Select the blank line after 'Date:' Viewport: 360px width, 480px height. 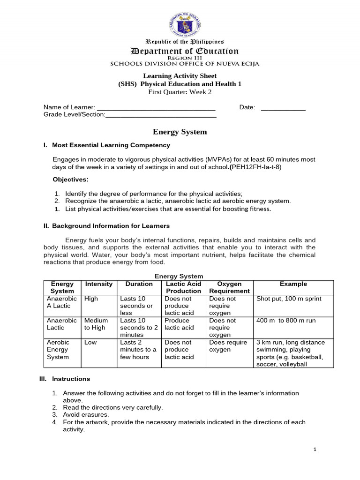tap(283, 108)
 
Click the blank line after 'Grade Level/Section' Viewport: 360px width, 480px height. tap(161, 115)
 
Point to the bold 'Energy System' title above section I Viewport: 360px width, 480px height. tap(180, 132)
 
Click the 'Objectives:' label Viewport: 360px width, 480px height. tap(70, 180)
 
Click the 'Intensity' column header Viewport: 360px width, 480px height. tap(98, 284)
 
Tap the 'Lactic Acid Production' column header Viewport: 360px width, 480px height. tap(183, 287)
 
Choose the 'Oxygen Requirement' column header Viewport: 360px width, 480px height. tap(230, 287)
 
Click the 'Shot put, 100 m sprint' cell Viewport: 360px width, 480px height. tap(289, 299)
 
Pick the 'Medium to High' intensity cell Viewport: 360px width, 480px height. tap(96, 324)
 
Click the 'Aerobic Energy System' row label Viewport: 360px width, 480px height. tap(58, 350)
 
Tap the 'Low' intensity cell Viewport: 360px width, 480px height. tap(90, 343)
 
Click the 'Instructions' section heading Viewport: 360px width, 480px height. tap(71, 379)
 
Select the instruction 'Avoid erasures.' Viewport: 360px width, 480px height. tap(86, 415)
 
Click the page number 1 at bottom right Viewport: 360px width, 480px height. tap(315, 450)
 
